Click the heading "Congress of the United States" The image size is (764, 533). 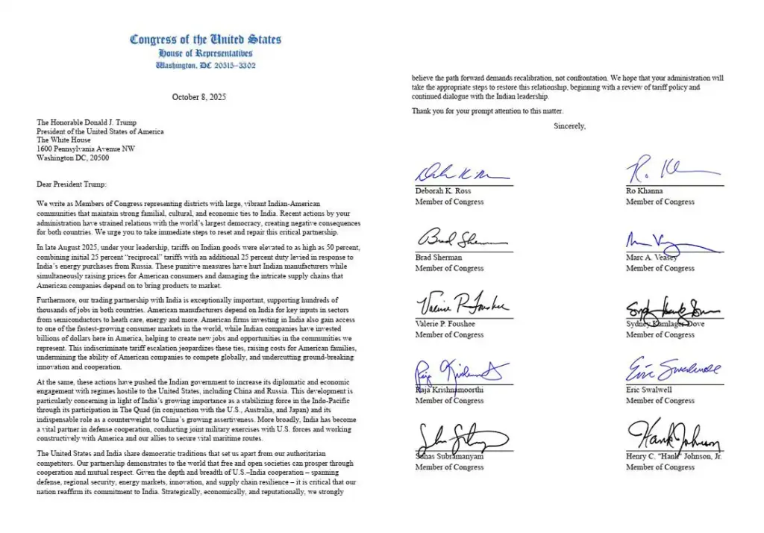[x=205, y=40]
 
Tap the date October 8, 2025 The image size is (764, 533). [x=198, y=97]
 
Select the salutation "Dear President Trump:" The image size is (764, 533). [x=72, y=184]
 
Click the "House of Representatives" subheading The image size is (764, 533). [x=205, y=54]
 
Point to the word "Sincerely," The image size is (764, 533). [x=569, y=126]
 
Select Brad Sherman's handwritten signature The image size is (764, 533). [x=461, y=239]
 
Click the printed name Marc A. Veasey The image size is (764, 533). [x=654, y=258]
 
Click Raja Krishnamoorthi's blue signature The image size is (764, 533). [x=461, y=371]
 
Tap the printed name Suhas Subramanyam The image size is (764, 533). [x=449, y=456]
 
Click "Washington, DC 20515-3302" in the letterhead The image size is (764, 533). [x=205, y=65]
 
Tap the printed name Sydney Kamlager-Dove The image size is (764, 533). [x=665, y=324]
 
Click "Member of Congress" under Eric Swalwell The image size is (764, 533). [x=660, y=401]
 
